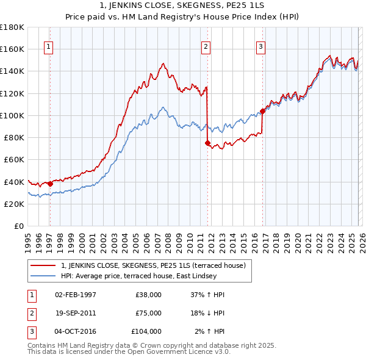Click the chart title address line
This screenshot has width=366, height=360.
[x=183, y=5]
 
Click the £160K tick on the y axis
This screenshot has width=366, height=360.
[x=12, y=49]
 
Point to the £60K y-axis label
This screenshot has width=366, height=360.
[x=14, y=159]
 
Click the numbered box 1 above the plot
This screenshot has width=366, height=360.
[x=49, y=46]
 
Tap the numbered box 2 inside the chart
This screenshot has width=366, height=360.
[x=206, y=46]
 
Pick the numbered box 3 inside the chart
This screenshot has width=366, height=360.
[x=260, y=46]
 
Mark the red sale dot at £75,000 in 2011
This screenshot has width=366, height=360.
[x=207, y=143]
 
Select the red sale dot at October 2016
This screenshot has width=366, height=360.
[x=262, y=111]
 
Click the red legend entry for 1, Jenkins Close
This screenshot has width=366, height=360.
[x=152, y=265]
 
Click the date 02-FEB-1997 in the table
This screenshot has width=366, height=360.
[x=76, y=295]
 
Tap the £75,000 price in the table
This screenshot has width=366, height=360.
[x=148, y=313]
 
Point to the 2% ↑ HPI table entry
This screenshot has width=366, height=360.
[x=209, y=331]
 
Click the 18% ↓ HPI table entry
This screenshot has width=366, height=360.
[x=208, y=313]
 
